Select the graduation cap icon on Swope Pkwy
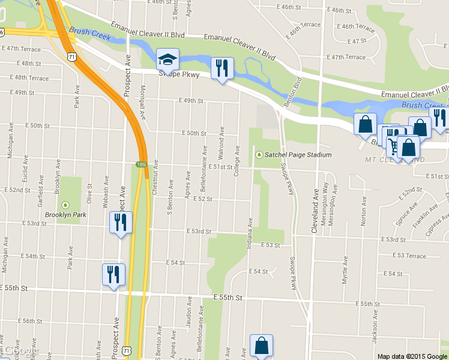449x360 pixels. click(165, 59)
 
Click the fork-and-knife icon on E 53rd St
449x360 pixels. click(120, 223)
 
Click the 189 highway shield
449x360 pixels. click(141, 164)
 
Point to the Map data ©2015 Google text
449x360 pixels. click(413, 356)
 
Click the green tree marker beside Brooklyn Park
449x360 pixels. click(65, 205)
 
